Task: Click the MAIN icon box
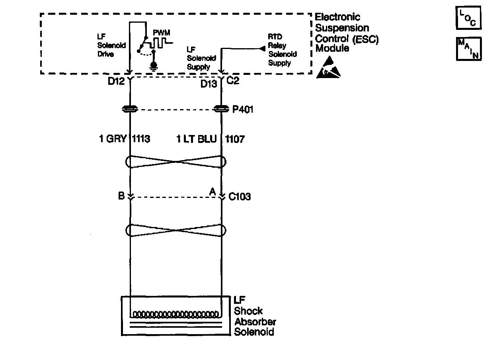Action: click(469, 49)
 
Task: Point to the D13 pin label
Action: click(209, 84)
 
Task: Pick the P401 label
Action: click(242, 110)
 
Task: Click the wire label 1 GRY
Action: click(113, 139)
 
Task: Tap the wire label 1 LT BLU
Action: click(197, 139)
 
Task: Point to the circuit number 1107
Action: click(235, 139)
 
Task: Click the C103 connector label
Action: click(240, 197)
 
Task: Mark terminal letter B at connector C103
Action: click(121, 196)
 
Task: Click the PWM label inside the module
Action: click(161, 32)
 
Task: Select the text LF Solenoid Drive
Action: click(105, 46)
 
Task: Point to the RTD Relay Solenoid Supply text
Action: click(282, 50)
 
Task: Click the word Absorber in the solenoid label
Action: click(255, 322)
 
